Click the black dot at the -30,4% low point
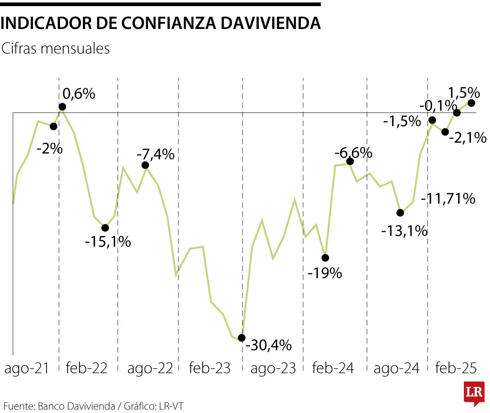click(x=241, y=338)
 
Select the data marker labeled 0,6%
click(x=62, y=107)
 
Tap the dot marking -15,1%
click(x=105, y=227)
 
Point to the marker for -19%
click(x=325, y=258)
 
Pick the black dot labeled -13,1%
click(x=400, y=212)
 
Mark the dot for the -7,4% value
click(x=145, y=165)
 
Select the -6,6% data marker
click(x=350, y=161)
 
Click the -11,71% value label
click(x=448, y=199)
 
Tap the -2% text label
click(x=49, y=149)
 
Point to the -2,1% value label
click(x=468, y=138)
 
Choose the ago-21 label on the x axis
click(x=27, y=369)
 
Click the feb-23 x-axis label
click(x=210, y=369)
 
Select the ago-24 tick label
click(x=396, y=369)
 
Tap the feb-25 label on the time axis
click(x=456, y=369)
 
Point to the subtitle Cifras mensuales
click(x=56, y=49)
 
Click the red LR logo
click(x=474, y=393)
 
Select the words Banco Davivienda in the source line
click(x=76, y=406)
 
